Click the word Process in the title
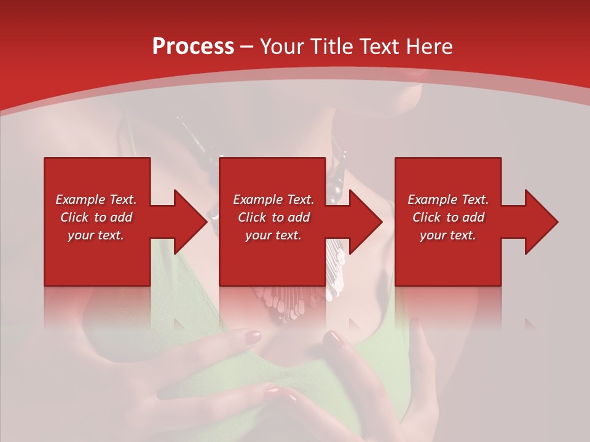pyautogui.click(x=193, y=47)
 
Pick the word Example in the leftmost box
pyautogui.click(x=80, y=200)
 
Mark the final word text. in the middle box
pyautogui.click(x=288, y=235)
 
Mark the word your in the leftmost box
pyautogui.click(x=81, y=235)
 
